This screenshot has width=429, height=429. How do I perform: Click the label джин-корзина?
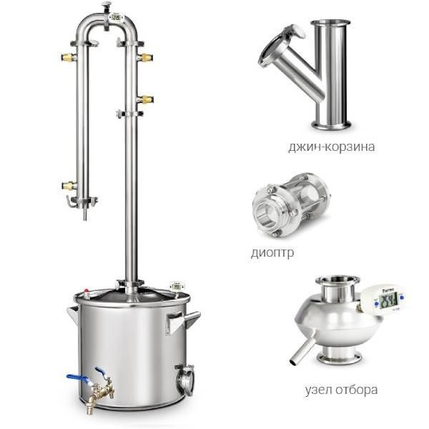(x=331, y=147)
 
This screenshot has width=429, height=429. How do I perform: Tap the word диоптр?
(x=272, y=252)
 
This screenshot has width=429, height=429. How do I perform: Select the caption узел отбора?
(x=341, y=390)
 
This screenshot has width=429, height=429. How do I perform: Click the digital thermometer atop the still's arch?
(x=117, y=17)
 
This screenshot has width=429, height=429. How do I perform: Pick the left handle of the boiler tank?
(x=73, y=314)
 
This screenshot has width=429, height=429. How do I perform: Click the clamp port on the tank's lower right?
(x=185, y=380)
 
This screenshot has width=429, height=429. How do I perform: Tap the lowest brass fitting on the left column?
(x=69, y=185)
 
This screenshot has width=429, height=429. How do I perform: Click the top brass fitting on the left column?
(x=69, y=57)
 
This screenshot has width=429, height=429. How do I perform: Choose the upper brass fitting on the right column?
(x=145, y=57)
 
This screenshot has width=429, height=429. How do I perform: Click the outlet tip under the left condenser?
(x=85, y=214)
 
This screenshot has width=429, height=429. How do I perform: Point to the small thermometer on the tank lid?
(x=177, y=287)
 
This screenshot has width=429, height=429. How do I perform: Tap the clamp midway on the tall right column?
(x=129, y=114)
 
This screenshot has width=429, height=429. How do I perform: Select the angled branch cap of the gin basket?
(x=282, y=45)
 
